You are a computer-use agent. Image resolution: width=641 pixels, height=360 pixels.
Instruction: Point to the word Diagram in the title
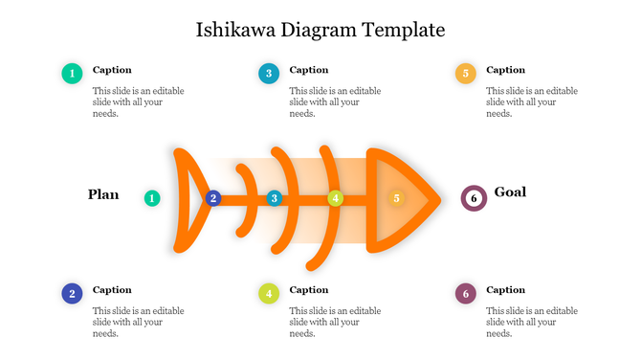(x=319, y=30)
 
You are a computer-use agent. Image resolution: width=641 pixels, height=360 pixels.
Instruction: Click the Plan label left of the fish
(x=103, y=194)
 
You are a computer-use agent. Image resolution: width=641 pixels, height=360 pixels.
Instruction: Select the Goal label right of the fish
(x=510, y=192)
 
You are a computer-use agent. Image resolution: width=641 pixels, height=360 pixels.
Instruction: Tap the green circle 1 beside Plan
(x=152, y=198)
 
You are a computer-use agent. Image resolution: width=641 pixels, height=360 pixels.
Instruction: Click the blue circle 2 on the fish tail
(x=213, y=198)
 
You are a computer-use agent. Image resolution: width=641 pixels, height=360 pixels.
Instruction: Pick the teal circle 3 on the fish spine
(x=275, y=198)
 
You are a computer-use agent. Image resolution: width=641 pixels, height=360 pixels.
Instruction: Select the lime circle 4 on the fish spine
(x=335, y=198)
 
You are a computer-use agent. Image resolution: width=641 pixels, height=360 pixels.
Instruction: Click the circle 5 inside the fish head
(x=396, y=198)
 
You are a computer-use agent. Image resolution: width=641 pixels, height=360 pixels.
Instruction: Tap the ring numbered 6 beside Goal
(x=473, y=198)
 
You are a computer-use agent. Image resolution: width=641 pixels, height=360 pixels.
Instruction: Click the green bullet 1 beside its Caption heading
(x=72, y=73)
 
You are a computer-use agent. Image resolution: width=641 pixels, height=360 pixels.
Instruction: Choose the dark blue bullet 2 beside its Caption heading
(x=72, y=293)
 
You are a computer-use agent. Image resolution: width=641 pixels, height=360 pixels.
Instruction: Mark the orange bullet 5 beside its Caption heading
(x=465, y=73)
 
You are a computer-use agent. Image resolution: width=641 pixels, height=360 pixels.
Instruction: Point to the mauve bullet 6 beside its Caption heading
(x=465, y=293)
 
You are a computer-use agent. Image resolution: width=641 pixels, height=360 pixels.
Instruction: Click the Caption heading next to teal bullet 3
(x=309, y=70)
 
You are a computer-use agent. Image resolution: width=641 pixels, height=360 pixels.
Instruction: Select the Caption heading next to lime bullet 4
(x=309, y=290)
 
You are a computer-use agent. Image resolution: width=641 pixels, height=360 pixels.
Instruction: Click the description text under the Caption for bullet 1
(x=139, y=101)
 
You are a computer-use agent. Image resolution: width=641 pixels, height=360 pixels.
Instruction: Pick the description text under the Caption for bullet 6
(x=532, y=322)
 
